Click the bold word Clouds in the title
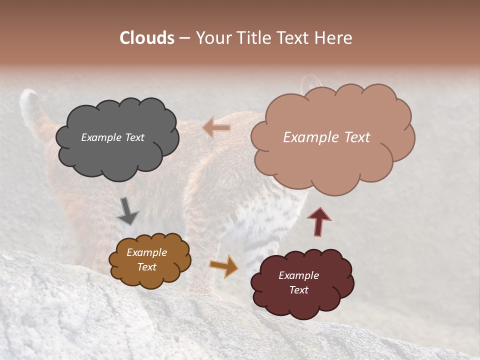147,38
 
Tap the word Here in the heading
334,38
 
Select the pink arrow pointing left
217,127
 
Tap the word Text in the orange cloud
147,267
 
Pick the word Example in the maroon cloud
298,275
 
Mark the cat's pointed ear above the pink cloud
311,81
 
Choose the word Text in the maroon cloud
298,290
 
